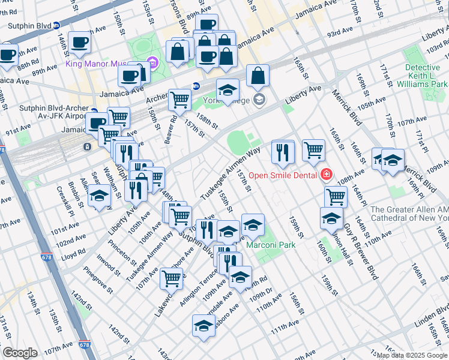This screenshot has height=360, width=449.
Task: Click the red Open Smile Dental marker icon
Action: coord(327,175)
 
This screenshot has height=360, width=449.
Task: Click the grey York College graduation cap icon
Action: coord(259,100)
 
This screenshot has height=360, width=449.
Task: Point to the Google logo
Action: coord(20,353)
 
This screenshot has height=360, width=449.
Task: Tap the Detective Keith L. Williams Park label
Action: coord(426,76)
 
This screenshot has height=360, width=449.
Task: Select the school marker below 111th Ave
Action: coord(203,327)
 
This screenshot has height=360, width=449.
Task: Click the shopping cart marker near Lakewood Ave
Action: coord(172,278)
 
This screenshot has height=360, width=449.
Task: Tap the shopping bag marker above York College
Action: coord(258,76)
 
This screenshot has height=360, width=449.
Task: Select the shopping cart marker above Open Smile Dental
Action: coord(313,150)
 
